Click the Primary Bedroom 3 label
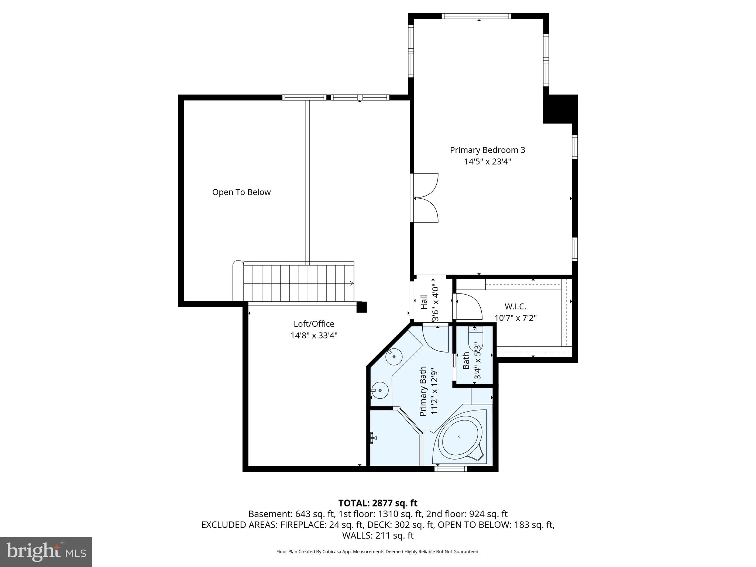487,150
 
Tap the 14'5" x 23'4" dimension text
487,162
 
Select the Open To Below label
241,192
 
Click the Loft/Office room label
314,324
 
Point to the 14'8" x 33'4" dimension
314,336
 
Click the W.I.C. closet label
515,306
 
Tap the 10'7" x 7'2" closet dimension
515,318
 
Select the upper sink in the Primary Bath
394,357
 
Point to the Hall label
424,302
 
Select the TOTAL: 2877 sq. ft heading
378,503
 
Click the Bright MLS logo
46,552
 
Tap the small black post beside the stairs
361,307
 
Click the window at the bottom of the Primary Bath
451,469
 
